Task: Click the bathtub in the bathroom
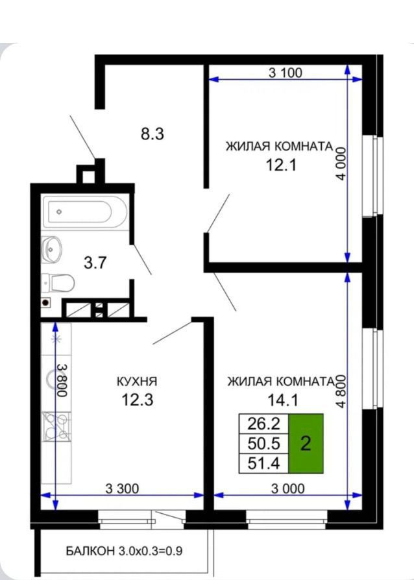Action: click(x=86, y=212)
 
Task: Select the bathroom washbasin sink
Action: click(x=51, y=249)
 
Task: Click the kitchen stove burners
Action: click(x=56, y=426)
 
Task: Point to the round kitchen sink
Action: click(x=56, y=379)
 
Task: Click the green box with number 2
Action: click(x=306, y=444)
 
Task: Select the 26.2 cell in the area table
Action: click(x=264, y=424)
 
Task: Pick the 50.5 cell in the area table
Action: click(x=264, y=443)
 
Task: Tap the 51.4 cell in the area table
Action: click(x=264, y=463)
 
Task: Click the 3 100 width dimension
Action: click(x=286, y=73)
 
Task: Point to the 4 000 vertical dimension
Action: click(x=341, y=163)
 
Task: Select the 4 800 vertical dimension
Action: click(x=341, y=391)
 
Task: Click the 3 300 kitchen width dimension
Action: click(x=122, y=489)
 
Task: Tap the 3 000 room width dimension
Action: click(x=288, y=489)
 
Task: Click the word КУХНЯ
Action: click(x=137, y=381)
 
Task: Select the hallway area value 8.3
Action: click(x=152, y=134)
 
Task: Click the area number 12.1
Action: click(x=282, y=165)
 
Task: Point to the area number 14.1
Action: click(x=283, y=400)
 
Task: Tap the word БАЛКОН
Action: click(x=90, y=551)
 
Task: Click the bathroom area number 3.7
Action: click(x=95, y=263)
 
